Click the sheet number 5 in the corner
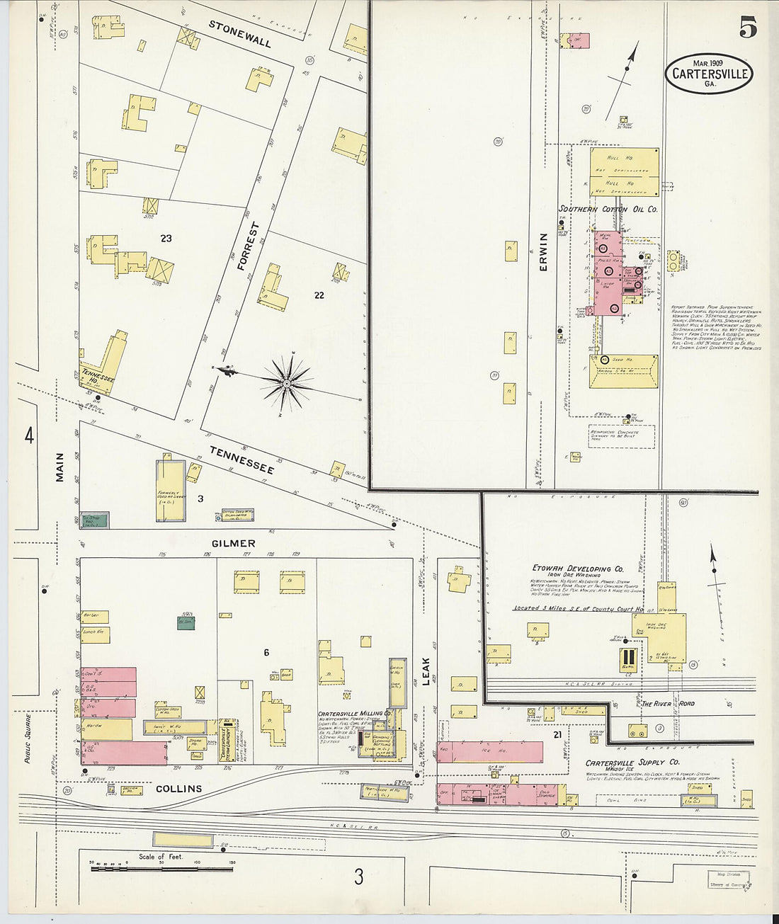(x=748, y=27)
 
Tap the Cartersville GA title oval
(x=709, y=74)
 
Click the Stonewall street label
(x=239, y=33)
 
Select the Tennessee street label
(x=241, y=460)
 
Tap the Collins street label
(x=178, y=788)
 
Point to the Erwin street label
(x=544, y=251)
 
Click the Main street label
(x=59, y=467)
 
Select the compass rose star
(x=287, y=384)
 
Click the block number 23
(x=166, y=239)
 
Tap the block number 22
(x=319, y=295)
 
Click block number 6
(x=266, y=652)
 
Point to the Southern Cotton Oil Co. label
(x=608, y=210)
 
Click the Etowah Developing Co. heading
(x=577, y=569)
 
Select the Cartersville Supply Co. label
(x=632, y=763)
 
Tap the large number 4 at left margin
(x=29, y=435)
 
